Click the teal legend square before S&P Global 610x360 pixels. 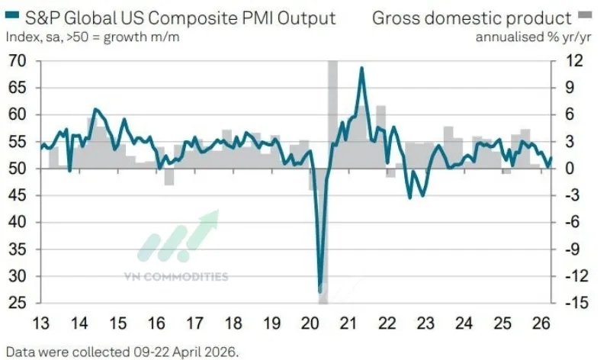[x=11, y=17]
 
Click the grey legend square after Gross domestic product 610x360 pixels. [x=584, y=17]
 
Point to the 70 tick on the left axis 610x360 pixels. [x=16, y=61]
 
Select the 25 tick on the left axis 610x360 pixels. [x=16, y=304]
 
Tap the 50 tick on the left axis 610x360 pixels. [x=16, y=169]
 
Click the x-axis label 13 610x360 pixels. [x=41, y=321]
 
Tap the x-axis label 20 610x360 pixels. [x=310, y=321]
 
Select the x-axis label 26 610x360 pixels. [x=541, y=321]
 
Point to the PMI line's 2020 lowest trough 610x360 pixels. [x=320, y=291]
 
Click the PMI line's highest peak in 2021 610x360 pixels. [x=361, y=68]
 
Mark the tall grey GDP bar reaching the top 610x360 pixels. [x=332, y=114]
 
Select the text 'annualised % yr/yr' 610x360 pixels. [x=524, y=36]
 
